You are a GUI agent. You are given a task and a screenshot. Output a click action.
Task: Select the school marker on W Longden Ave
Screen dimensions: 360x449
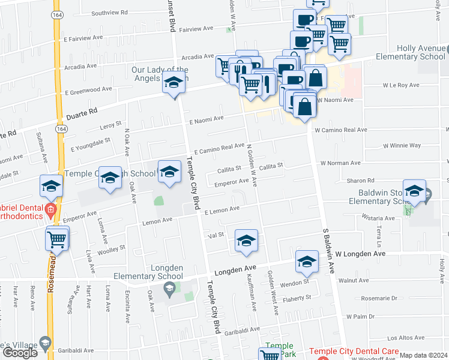point(307,262)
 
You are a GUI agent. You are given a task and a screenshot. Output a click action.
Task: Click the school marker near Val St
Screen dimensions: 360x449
point(246,241)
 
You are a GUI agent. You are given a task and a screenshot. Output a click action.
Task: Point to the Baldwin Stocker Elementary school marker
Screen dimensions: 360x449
point(414,191)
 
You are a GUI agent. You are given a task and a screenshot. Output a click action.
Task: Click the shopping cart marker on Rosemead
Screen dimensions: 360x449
point(57,238)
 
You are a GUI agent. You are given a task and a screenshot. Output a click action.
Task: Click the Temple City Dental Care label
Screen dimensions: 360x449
point(354,352)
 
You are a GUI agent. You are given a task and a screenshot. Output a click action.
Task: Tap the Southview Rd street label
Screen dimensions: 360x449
point(110,13)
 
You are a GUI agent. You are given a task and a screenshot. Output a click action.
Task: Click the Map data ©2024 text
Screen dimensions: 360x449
point(424,356)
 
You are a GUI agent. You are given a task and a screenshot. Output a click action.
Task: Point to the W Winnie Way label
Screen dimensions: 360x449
point(402,146)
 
